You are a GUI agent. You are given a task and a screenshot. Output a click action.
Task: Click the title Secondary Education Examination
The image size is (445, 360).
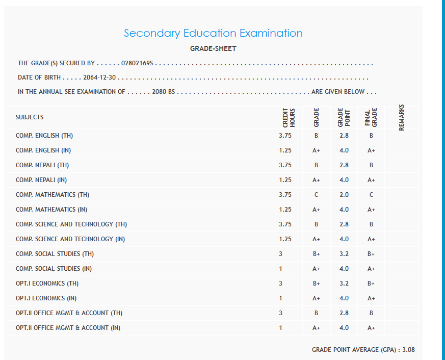point(213,33)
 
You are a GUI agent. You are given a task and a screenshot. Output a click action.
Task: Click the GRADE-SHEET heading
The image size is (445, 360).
point(213,49)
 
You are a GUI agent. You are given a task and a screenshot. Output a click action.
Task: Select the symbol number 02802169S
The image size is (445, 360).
point(138,64)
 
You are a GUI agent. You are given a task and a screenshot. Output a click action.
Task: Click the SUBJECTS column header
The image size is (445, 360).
point(30,117)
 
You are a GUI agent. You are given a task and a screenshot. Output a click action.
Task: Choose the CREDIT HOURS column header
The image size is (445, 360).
point(289,117)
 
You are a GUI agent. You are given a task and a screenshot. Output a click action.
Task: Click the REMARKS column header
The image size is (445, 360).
point(401,117)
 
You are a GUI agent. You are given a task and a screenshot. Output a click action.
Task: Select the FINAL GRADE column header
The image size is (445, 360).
point(371,117)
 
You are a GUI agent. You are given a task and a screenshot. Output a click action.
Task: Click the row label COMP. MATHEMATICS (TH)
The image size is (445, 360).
point(53,195)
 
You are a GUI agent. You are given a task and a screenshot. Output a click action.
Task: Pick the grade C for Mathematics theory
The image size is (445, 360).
point(316,195)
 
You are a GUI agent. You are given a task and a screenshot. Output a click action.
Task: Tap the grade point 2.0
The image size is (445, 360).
point(344,195)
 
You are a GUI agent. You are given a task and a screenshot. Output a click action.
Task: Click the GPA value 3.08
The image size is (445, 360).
point(408,350)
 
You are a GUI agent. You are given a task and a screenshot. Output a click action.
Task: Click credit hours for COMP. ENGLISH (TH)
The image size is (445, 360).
point(285,136)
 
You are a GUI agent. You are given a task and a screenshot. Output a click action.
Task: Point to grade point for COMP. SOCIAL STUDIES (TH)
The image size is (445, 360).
point(344,254)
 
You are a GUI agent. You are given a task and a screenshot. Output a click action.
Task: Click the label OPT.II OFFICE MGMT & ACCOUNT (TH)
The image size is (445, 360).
point(69,313)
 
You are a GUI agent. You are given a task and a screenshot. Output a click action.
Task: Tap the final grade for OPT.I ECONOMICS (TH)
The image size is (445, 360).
point(371,284)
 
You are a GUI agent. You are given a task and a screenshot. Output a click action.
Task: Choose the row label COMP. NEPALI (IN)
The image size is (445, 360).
point(41,180)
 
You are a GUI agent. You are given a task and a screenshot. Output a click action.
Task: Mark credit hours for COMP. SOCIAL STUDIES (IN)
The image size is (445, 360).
point(281,269)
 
